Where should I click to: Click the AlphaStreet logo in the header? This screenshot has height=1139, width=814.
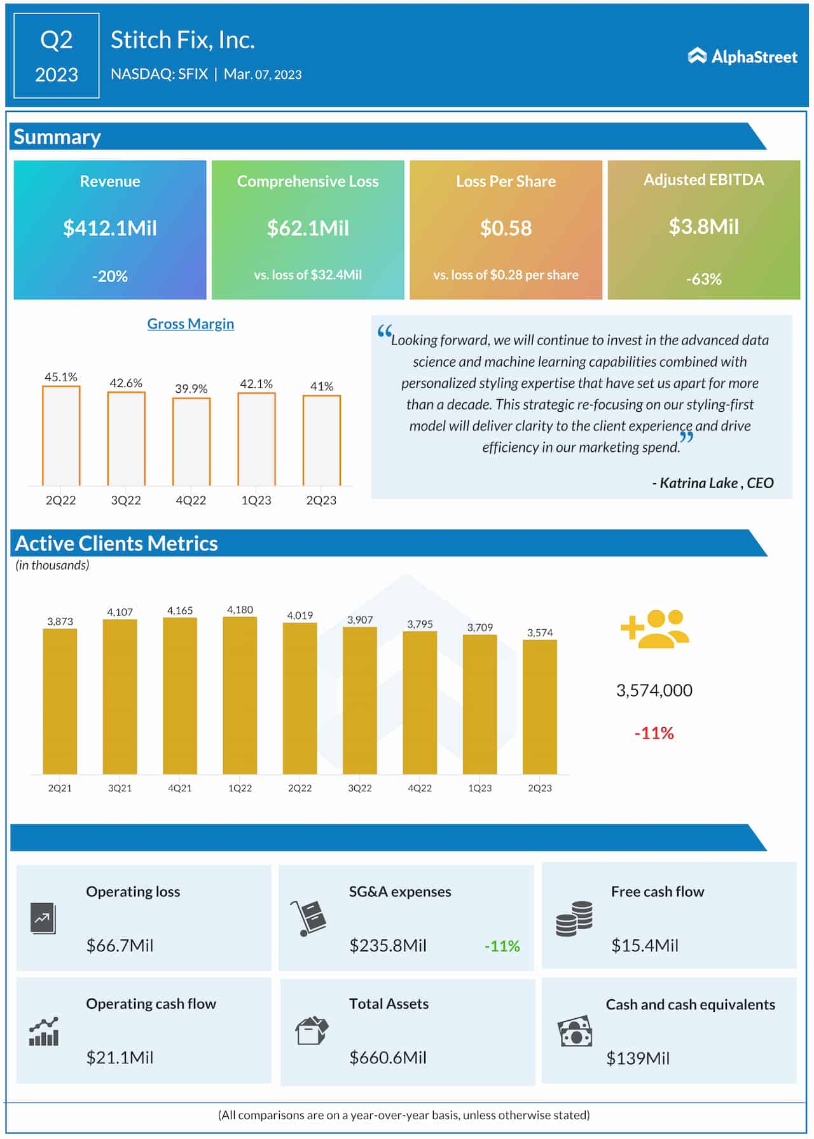(742, 57)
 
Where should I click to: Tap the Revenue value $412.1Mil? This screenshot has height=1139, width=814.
(110, 228)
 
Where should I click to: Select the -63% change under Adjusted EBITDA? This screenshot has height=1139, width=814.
(703, 279)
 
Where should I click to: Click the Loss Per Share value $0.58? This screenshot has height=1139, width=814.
(506, 228)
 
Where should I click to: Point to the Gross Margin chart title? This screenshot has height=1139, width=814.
(191, 324)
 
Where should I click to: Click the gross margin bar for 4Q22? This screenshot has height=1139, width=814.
(191, 442)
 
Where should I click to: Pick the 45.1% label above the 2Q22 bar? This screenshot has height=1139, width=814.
(61, 377)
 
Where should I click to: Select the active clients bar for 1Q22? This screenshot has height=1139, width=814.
(240, 695)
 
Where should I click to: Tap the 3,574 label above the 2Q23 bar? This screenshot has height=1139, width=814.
(540, 632)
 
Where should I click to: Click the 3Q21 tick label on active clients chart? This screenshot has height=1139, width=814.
(120, 788)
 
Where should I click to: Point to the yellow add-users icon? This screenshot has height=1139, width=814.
(654, 629)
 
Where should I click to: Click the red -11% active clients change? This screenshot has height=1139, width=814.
(654, 733)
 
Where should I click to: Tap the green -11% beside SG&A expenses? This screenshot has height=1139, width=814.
(502, 946)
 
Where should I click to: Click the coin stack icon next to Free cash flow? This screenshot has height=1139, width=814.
(574, 918)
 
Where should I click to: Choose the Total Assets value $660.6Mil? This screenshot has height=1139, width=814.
(388, 1058)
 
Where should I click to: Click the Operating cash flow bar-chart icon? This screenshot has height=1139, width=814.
(44, 1031)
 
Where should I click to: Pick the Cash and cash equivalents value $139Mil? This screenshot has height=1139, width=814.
(638, 1058)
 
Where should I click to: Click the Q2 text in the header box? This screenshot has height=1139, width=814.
(57, 40)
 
